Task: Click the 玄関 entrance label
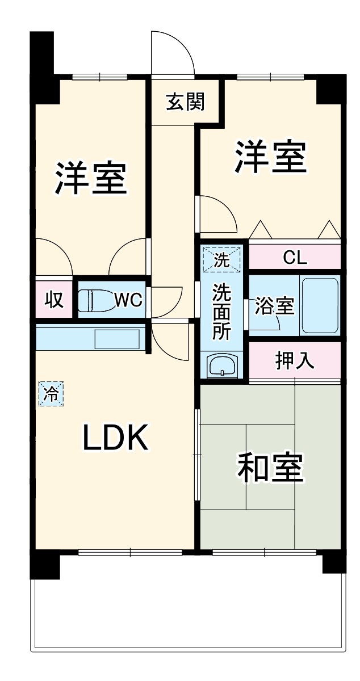pyautogui.click(x=185, y=103)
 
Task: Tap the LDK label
pyautogui.click(x=116, y=438)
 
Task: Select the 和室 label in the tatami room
pyautogui.click(x=270, y=466)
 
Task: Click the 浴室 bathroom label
pyautogui.click(x=274, y=306)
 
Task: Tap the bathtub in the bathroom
pyautogui.click(x=320, y=305)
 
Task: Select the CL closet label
pyautogui.click(x=295, y=258)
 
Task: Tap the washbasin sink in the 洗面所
pyautogui.click(x=222, y=365)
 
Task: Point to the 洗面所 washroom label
pyautogui.click(x=221, y=312)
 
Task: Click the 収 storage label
pyautogui.click(x=54, y=299)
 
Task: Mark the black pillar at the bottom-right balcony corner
pyautogui.click(x=334, y=562)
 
